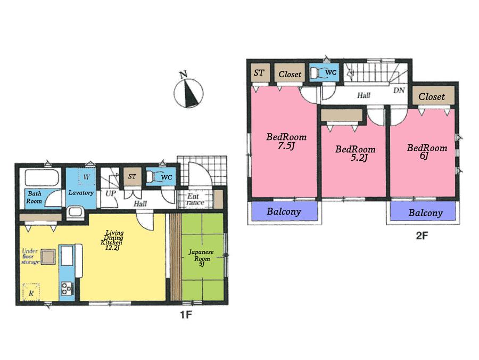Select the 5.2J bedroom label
click(354, 153)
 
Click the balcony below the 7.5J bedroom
click(284, 211)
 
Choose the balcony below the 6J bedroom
click(425, 213)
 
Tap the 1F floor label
click(184, 314)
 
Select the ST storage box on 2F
click(259, 73)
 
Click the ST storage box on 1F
click(131, 177)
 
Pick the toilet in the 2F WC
click(319, 73)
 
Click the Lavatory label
click(81, 192)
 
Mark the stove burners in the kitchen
click(68, 289)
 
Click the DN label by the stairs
click(399, 91)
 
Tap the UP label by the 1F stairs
click(111, 192)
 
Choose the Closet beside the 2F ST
click(290, 75)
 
